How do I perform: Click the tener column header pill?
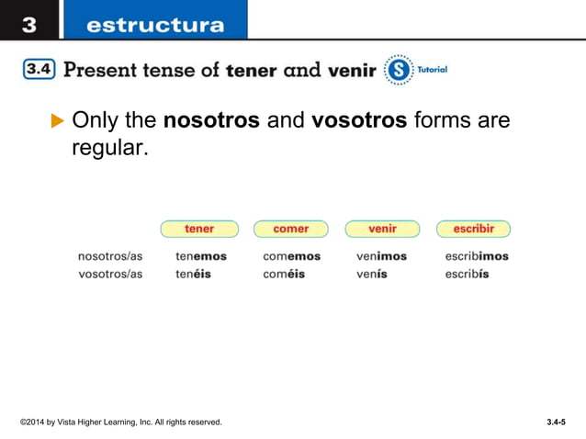[x=199, y=229]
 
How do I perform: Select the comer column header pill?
[x=290, y=229]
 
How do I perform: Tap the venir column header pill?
[x=382, y=229]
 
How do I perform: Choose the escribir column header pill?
[x=473, y=229]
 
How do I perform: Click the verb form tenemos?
[x=201, y=256]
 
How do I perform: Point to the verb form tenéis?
[x=193, y=274]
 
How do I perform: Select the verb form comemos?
[x=291, y=256]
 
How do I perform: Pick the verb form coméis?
[x=284, y=274]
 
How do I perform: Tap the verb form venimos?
[x=381, y=256]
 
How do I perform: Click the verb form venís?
[x=372, y=274]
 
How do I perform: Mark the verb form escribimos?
[x=477, y=256]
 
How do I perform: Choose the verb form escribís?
[x=467, y=274]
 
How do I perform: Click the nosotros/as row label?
[x=110, y=256]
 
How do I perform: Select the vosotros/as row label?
[x=110, y=274]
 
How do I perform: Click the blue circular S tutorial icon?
[x=399, y=70]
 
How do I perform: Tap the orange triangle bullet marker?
[x=58, y=120]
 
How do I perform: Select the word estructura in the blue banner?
[x=153, y=25]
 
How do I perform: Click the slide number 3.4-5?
[x=555, y=422]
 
